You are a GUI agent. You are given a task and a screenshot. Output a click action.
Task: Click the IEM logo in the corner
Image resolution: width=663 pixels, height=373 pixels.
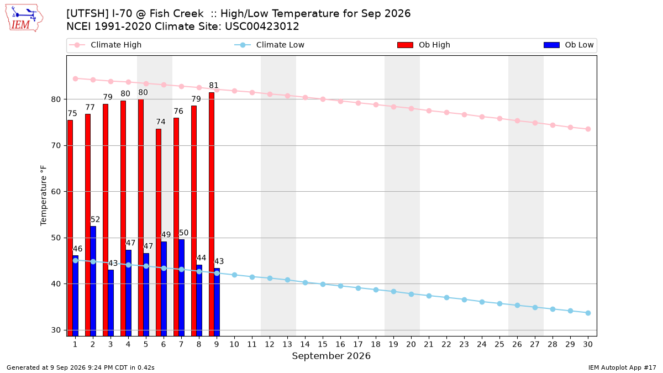tap(24, 18)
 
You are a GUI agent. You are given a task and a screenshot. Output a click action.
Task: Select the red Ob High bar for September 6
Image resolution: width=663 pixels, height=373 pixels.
tap(159, 233)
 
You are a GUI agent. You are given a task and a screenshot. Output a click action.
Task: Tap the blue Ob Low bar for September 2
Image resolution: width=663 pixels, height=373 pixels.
tap(93, 281)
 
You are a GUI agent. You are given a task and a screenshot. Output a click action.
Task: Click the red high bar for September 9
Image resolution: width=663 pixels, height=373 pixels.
tap(212, 214)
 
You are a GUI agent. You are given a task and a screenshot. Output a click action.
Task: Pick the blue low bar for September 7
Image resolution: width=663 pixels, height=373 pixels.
tap(181, 288)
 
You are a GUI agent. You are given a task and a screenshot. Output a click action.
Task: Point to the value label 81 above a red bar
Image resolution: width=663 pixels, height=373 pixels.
tap(214, 86)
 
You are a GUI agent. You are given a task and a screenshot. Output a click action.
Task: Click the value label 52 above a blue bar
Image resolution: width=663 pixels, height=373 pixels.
tap(95, 220)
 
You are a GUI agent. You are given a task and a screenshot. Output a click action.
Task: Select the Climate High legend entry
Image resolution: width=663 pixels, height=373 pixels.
tap(106, 45)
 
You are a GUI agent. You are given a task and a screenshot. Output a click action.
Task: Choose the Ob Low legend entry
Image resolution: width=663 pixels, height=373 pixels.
tap(569, 45)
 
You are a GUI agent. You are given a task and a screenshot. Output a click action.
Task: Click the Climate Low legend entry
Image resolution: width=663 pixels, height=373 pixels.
tap(270, 45)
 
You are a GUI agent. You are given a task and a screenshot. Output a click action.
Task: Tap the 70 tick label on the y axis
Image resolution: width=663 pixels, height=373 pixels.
tap(56, 146)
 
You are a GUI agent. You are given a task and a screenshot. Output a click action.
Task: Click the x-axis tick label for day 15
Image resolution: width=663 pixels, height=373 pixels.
tap(323, 344)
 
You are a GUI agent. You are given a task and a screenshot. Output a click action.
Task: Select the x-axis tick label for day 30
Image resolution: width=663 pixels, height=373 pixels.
tap(588, 344)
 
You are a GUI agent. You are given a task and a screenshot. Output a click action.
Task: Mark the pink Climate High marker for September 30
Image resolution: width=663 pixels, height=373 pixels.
tap(588, 129)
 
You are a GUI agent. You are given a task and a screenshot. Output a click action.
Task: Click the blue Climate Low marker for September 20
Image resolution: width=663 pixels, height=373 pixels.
tap(411, 294)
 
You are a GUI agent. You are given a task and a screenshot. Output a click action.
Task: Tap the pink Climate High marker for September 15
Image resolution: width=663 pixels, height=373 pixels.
tap(323, 99)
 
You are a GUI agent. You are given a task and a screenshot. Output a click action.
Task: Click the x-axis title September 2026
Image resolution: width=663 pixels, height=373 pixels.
tap(331, 356)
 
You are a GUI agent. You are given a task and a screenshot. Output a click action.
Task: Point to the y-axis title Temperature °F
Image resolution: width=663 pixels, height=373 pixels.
tap(44, 196)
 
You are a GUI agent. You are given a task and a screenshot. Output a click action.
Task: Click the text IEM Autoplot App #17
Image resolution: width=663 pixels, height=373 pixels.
tap(622, 367)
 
